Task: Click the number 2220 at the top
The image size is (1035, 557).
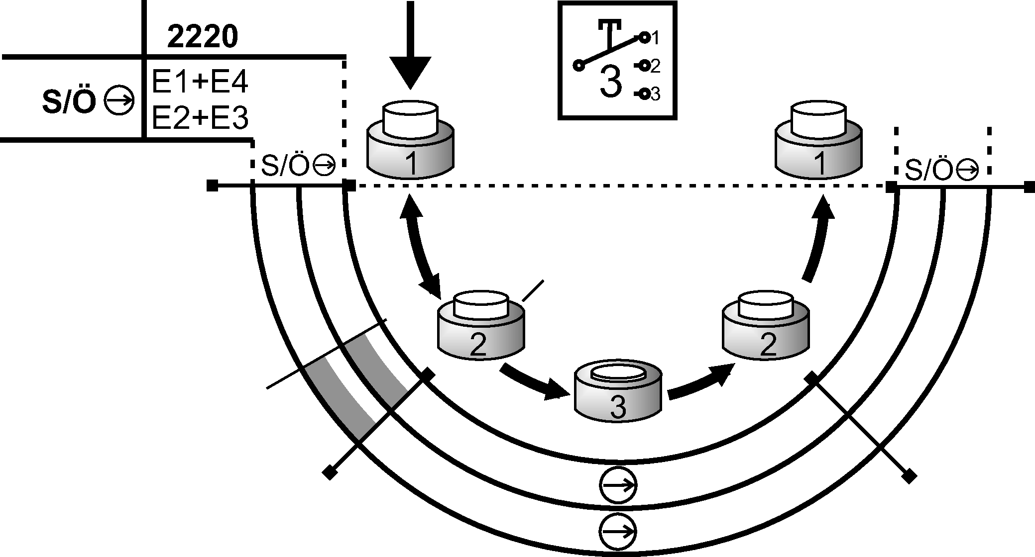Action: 202,37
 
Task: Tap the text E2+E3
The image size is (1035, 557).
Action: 200,118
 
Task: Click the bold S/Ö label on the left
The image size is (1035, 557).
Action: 69,102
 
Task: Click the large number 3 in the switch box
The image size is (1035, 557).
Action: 611,82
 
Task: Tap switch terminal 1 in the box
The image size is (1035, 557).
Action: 645,37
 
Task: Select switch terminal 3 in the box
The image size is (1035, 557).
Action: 644,93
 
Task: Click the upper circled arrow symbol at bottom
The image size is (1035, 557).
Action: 618,485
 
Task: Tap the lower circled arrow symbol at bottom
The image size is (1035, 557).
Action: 618,531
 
